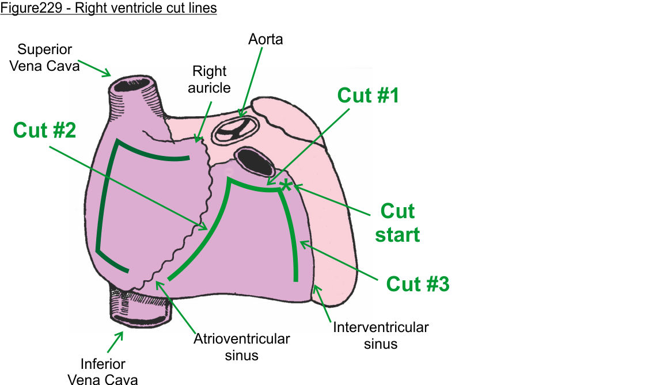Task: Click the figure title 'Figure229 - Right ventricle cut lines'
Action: pos(108,9)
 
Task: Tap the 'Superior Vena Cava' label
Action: pos(48,58)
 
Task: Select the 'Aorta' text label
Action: pos(265,39)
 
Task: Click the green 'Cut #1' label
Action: pos(368,96)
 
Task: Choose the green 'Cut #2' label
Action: pos(44,130)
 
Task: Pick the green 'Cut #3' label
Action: pos(418,284)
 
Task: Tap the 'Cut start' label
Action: pos(397,223)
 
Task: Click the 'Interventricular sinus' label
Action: pos(381,336)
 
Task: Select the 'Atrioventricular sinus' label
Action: pos(242,346)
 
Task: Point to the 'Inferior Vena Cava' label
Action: pos(103,371)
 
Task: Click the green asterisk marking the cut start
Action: pos(286,184)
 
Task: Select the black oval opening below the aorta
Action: pos(255,162)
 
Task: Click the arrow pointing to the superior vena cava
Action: pos(94,67)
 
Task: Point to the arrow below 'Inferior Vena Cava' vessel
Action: pos(115,342)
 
